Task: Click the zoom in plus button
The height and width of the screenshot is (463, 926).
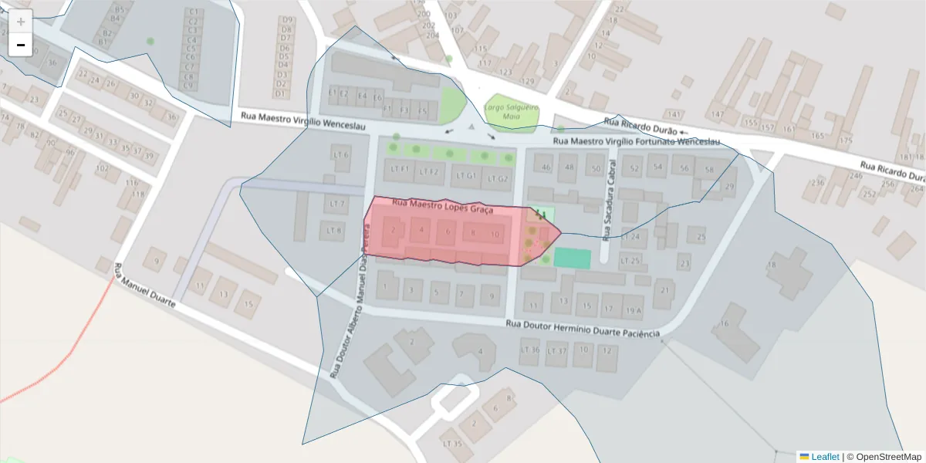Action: pyautogui.click(x=21, y=22)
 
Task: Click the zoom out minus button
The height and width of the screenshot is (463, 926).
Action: pyautogui.click(x=21, y=45)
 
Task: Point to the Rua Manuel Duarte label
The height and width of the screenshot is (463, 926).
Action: pyautogui.click(x=144, y=286)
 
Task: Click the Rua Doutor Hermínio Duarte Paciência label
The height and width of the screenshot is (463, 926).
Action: pyautogui.click(x=583, y=329)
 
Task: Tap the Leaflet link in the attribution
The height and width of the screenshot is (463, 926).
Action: pyautogui.click(x=824, y=457)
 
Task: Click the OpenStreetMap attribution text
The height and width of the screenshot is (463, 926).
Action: pyautogui.click(x=884, y=457)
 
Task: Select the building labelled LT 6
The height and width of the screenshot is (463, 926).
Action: pyautogui.click(x=340, y=155)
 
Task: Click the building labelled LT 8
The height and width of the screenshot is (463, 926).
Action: pyautogui.click(x=334, y=230)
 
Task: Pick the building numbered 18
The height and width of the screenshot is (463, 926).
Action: pyautogui.click(x=772, y=265)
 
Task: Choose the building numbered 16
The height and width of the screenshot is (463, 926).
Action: pyautogui.click(x=724, y=324)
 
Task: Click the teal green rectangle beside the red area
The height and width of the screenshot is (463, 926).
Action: pyautogui.click(x=573, y=259)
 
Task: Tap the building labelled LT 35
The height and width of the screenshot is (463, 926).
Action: pyautogui.click(x=453, y=444)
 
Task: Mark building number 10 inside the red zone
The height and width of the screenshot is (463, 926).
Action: pyautogui.click(x=495, y=234)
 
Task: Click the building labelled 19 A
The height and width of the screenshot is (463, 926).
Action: pyautogui.click(x=634, y=309)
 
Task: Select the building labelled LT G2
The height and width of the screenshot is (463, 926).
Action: pyautogui.click(x=498, y=178)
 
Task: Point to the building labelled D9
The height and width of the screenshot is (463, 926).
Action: pyautogui.click(x=288, y=20)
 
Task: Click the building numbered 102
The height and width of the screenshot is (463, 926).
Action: pyautogui.click(x=102, y=168)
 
